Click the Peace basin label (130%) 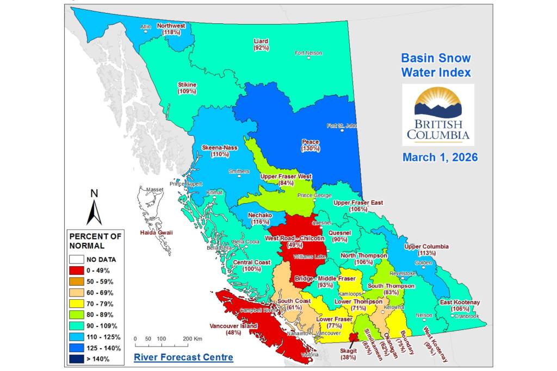click(311, 145)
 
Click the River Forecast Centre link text click(183, 357)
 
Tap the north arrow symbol click(94, 206)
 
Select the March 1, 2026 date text click(440, 157)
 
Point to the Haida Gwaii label click(158, 232)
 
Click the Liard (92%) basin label click(261, 45)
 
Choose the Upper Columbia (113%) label click(426, 249)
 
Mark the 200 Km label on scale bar click(192, 338)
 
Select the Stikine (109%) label click(187, 88)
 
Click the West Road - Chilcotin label click(294, 241)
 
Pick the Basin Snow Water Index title click(436, 65)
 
